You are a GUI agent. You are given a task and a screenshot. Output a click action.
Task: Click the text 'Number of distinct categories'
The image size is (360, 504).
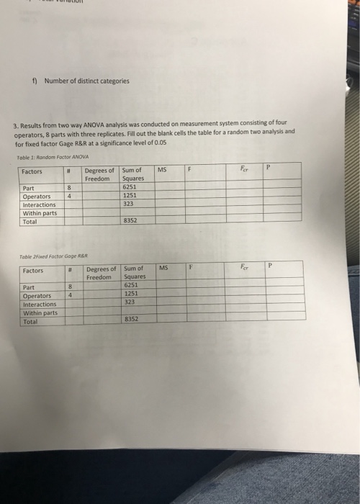86,81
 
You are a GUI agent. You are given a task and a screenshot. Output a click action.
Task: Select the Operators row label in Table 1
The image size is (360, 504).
37,196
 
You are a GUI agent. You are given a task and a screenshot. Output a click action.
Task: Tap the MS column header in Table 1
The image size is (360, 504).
162,170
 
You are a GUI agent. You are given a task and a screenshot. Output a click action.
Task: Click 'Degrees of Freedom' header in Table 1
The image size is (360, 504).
99,174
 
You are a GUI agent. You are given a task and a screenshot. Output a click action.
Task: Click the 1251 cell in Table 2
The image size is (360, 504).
131,294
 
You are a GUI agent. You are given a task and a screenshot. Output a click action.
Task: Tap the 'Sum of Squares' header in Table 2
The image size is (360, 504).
135,272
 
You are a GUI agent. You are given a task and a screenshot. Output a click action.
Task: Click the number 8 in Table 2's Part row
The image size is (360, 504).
71,286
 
